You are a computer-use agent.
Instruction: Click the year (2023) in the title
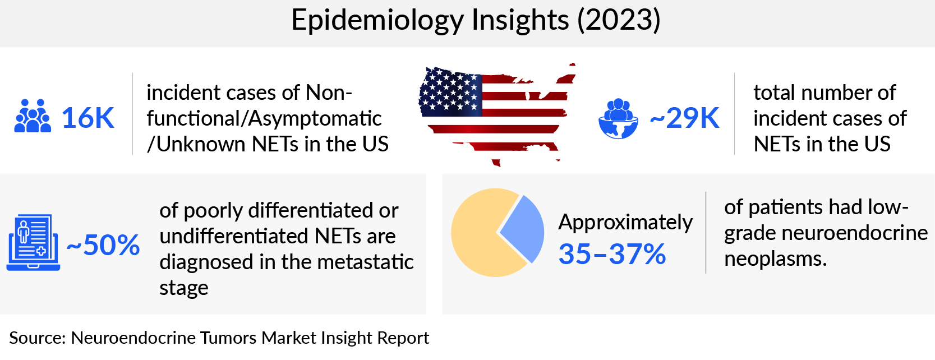click(x=619, y=21)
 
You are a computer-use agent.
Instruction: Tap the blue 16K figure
click(x=87, y=118)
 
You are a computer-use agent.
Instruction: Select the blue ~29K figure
click(x=684, y=118)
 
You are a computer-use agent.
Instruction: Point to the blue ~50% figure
click(x=103, y=246)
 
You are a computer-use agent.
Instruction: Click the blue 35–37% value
click(x=612, y=255)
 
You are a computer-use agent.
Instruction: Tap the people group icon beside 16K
click(x=33, y=117)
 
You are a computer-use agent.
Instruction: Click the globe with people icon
click(x=618, y=119)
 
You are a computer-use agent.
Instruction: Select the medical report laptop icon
click(x=33, y=242)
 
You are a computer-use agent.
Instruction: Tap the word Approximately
click(x=625, y=223)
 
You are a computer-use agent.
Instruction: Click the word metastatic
click(x=370, y=262)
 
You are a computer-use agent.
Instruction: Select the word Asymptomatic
click(x=315, y=119)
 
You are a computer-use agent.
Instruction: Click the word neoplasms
click(x=775, y=259)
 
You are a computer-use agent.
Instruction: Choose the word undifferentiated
click(x=234, y=236)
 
